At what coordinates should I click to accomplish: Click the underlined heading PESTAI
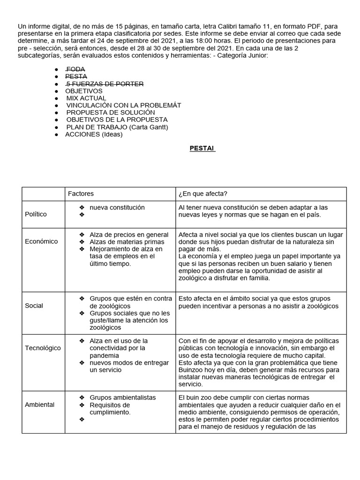point(202,148)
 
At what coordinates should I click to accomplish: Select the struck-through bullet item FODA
point(76,69)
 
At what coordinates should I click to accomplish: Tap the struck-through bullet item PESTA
point(76,76)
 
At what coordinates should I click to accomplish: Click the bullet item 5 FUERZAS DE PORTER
point(105,84)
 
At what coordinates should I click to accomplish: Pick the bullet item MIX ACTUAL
point(86,98)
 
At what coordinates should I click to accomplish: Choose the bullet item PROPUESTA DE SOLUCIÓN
point(110,112)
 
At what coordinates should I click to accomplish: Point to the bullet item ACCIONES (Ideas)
point(94,134)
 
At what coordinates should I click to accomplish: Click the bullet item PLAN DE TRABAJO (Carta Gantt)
point(117,127)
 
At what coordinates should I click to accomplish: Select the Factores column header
point(81,193)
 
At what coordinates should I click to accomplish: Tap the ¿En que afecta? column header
point(202,193)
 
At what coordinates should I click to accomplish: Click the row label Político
point(36,214)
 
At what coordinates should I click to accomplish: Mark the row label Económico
point(41,241)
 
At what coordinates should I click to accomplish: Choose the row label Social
point(34,306)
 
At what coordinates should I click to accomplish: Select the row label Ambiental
point(39,405)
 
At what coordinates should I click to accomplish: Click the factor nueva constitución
point(117,207)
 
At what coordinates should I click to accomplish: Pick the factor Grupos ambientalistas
point(123,397)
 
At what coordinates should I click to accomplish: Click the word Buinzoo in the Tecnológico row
point(192,370)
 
